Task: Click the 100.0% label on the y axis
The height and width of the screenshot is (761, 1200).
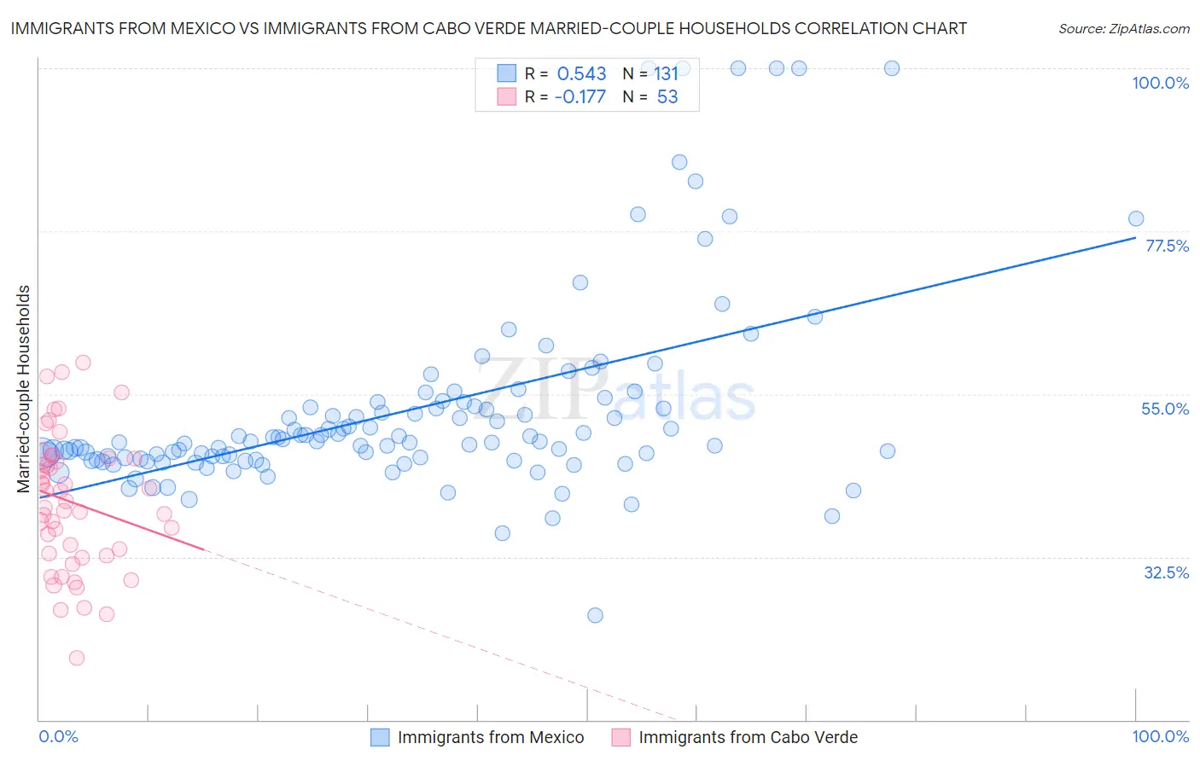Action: point(1160,83)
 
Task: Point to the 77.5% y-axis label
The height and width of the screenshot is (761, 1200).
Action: point(1167,246)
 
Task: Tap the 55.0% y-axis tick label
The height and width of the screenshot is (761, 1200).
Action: point(1165,409)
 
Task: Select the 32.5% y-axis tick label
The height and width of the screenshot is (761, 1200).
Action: point(1166,572)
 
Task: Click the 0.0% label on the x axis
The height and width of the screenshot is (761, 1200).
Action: point(58,736)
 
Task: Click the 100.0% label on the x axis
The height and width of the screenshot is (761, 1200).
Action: point(1160,736)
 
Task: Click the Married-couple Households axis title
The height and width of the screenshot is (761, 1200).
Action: point(24,388)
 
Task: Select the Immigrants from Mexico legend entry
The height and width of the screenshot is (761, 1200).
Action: point(490,737)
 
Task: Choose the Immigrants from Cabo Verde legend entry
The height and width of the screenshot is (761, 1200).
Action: point(748,737)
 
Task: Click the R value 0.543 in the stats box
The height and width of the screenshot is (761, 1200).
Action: point(581,73)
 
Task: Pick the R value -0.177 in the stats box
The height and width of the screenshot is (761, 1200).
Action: point(580,96)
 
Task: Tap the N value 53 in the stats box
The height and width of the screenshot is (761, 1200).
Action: point(667,96)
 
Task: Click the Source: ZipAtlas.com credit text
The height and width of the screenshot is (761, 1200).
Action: point(1123,28)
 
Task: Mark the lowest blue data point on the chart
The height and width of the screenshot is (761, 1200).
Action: point(595,615)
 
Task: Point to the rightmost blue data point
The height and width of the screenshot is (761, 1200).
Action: point(1136,218)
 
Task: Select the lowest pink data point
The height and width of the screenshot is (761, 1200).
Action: point(77,658)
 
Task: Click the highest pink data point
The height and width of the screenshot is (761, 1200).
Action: point(83,363)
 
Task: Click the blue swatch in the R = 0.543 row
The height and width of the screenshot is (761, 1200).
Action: point(507,73)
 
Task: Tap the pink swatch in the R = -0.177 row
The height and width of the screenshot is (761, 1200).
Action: point(507,96)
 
